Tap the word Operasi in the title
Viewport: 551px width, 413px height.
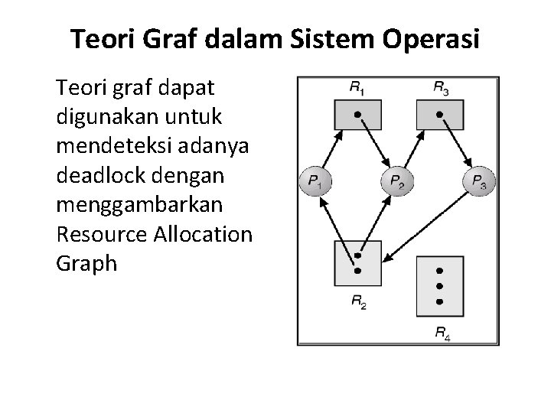(435, 39)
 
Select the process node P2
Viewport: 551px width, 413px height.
(396, 182)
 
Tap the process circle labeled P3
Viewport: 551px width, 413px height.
(479, 182)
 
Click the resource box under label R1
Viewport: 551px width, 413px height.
(357, 115)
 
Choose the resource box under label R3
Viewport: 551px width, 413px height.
(439, 115)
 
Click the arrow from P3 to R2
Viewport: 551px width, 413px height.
(424, 223)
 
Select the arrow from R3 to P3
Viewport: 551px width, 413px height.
(457, 145)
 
